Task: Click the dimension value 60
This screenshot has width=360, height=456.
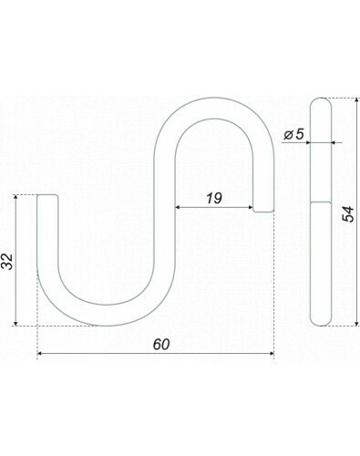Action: click(x=161, y=345)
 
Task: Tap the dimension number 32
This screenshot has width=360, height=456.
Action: click(x=7, y=261)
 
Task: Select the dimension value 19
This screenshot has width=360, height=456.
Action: click(x=214, y=198)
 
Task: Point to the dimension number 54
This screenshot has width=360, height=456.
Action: click(x=348, y=213)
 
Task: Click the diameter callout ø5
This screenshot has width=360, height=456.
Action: click(x=293, y=134)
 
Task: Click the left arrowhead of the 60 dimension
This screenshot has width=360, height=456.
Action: click(x=39, y=353)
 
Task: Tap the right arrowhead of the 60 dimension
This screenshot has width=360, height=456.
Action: click(x=272, y=353)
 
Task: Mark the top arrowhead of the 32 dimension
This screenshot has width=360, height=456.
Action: click(x=15, y=197)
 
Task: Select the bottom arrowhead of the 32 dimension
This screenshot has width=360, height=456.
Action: click(x=15, y=323)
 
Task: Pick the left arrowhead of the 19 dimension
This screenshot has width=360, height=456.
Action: click(x=178, y=208)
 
